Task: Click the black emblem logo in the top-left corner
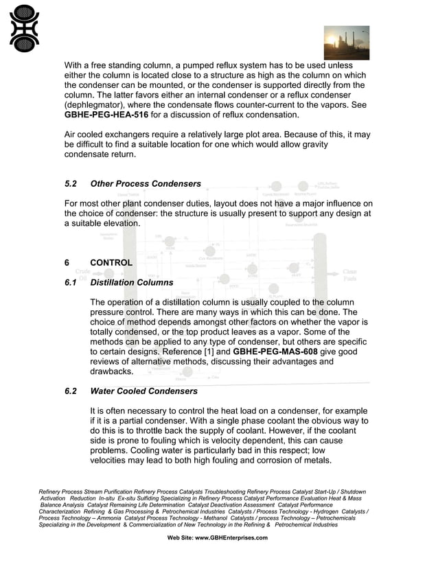point(24,28)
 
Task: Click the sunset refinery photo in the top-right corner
point(346,43)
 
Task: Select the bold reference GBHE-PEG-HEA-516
point(106,115)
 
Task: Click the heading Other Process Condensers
point(146,184)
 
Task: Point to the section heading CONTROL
point(111,263)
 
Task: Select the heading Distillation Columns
point(132,282)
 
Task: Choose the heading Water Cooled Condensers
point(143,391)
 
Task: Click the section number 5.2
point(72,184)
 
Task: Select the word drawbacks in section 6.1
point(112,371)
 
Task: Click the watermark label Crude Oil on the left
point(82,275)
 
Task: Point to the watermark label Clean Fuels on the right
point(349,275)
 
